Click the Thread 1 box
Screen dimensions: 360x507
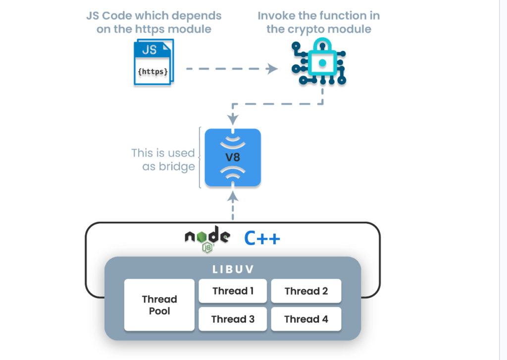(x=233, y=291)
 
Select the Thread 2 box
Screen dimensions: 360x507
(x=306, y=291)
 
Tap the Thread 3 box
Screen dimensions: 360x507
(x=233, y=319)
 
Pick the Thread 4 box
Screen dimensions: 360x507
(x=306, y=319)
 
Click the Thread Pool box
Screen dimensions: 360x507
(x=159, y=305)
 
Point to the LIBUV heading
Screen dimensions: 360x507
(x=233, y=270)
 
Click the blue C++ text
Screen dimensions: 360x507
(x=262, y=239)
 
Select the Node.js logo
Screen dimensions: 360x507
(x=207, y=240)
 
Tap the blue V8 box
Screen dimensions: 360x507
(x=233, y=157)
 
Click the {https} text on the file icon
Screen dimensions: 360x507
(x=152, y=72)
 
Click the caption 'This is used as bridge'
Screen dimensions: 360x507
(x=163, y=160)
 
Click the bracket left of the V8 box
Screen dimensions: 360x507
(x=200, y=157)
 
